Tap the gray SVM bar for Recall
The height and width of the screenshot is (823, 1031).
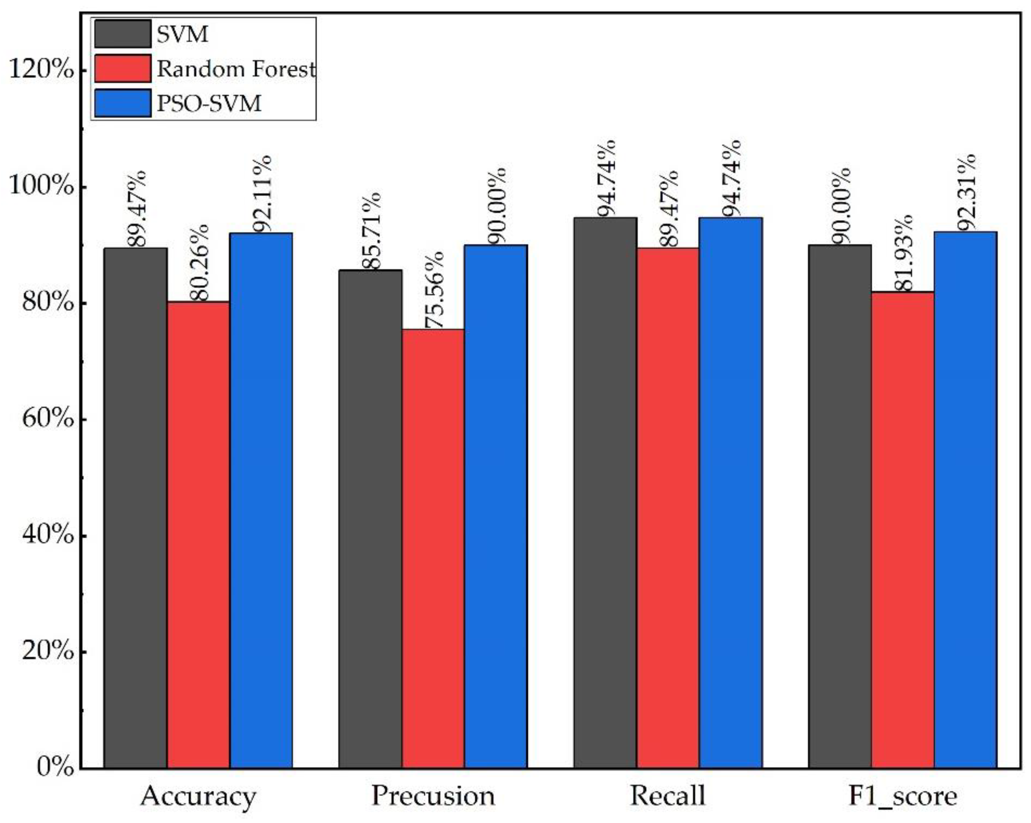click(x=605, y=492)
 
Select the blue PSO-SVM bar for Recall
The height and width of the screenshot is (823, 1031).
click(x=730, y=492)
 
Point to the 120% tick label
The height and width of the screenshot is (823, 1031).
click(x=42, y=70)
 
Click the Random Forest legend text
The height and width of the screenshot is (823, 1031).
click(x=236, y=69)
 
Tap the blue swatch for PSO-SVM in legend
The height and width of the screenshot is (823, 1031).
click(x=123, y=103)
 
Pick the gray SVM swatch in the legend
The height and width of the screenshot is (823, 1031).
click(x=123, y=34)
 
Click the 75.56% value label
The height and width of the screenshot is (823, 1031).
click(x=434, y=290)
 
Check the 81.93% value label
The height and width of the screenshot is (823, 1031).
click(x=903, y=253)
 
